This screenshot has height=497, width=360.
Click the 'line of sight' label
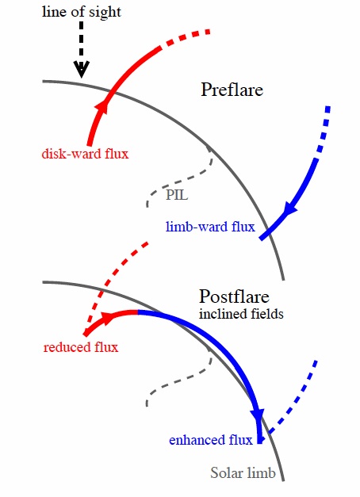point(82,12)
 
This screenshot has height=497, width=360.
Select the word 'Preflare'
point(232,90)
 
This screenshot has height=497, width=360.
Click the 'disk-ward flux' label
point(85,154)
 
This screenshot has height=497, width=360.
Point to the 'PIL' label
point(177,195)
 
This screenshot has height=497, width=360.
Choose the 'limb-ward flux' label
point(210,227)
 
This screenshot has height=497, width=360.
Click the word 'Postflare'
point(234,296)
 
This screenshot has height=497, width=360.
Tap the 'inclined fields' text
point(241,314)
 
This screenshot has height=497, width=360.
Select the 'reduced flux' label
point(81,347)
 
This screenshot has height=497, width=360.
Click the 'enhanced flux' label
point(211,440)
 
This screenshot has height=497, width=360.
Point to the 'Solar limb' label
point(243,473)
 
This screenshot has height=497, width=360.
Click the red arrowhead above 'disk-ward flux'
point(102,106)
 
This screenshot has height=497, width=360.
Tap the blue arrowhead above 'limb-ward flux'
point(290,208)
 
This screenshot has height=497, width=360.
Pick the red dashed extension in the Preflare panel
point(185,37)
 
